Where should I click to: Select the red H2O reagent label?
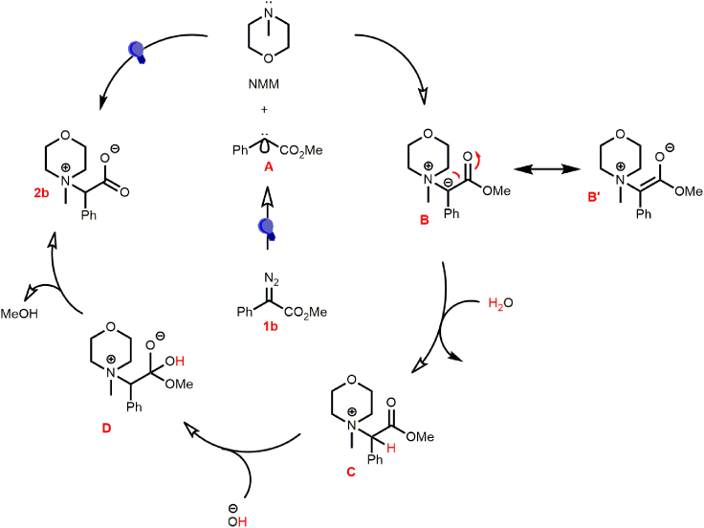(x=501, y=303)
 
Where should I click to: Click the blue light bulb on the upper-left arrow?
(x=138, y=51)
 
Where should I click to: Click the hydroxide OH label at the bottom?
(x=233, y=519)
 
